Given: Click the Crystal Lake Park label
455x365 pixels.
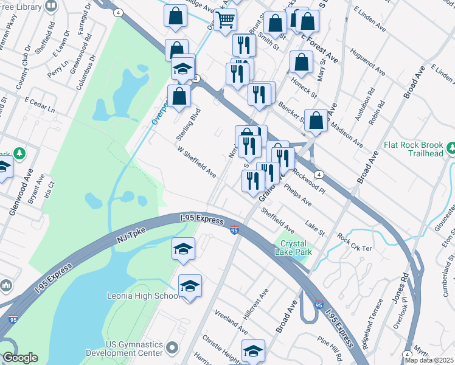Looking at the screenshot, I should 293,247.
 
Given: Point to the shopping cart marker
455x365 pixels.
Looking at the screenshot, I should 226,19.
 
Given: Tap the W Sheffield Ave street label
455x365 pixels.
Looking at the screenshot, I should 196,161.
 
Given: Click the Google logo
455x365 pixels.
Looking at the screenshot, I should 20,358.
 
